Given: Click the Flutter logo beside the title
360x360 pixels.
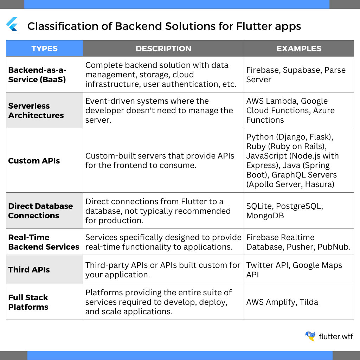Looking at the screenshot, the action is [x=12, y=24].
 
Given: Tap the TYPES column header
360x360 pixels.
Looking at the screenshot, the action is [x=45, y=49].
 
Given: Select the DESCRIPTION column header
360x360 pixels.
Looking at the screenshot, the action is [x=163, y=49].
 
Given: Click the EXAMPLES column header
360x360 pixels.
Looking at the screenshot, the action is [x=299, y=49].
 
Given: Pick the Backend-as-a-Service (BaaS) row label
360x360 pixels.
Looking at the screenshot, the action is [x=37, y=75].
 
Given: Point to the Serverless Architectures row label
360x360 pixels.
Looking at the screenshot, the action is [x=36, y=110].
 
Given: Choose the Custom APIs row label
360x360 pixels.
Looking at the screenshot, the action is [x=34, y=161].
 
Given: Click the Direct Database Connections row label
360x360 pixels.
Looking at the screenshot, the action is [x=41, y=211].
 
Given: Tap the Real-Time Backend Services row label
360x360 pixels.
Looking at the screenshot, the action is [x=44, y=242].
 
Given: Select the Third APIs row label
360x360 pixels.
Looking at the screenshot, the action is [x=29, y=270].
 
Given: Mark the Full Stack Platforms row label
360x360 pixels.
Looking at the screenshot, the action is [x=28, y=302].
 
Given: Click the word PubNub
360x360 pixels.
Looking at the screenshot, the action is [x=334, y=247].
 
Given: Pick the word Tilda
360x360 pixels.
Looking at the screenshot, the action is [x=309, y=302].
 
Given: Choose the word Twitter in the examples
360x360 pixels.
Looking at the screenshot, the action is [x=260, y=265].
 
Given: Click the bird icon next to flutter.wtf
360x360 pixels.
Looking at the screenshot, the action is [x=311, y=336].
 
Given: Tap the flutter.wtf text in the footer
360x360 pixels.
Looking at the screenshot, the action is [x=336, y=336].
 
